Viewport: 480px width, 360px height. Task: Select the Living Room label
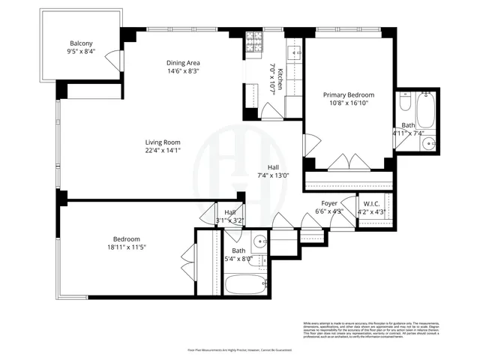pos(163,141)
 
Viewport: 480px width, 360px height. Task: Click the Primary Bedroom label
pos(348,95)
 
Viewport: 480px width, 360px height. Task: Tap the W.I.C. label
pos(374,203)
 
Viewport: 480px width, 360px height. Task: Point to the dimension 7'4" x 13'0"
pos(273,175)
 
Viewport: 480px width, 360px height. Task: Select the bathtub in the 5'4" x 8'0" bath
pos(245,285)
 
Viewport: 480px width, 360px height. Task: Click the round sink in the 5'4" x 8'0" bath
pos(259,241)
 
